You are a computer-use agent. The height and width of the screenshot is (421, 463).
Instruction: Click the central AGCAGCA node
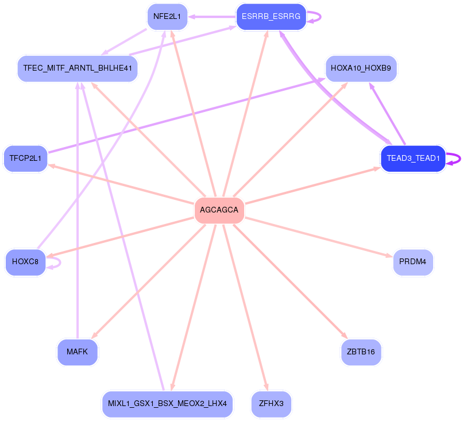click(x=219, y=210)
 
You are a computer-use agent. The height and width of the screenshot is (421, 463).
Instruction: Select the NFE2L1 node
click(x=167, y=17)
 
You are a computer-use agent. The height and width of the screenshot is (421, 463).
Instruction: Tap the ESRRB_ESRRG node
click(x=271, y=17)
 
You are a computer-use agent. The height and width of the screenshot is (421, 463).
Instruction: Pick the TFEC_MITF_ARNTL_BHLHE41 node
click(x=78, y=68)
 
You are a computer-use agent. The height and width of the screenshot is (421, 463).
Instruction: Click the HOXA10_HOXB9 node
click(x=361, y=68)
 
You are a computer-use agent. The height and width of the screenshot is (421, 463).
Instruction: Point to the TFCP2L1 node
click(x=25, y=159)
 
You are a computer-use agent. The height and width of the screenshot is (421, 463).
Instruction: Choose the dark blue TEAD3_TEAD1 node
click(x=413, y=159)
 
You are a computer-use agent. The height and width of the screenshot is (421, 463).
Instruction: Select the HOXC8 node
click(x=25, y=262)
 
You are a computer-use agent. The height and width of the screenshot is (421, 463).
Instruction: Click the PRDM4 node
click(x=413, y=262)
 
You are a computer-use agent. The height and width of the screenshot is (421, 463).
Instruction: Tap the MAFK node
click(x=78, y=352)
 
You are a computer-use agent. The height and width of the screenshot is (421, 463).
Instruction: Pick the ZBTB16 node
click(x=361, y=352)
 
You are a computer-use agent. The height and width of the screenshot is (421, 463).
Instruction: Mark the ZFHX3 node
click(x=271, y=404)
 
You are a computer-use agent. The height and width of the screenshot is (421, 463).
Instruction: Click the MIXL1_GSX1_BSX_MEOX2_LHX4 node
click(x=167, y=404)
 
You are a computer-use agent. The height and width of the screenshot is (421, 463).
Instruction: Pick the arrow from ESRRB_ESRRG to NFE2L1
click(x=212, y=17)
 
